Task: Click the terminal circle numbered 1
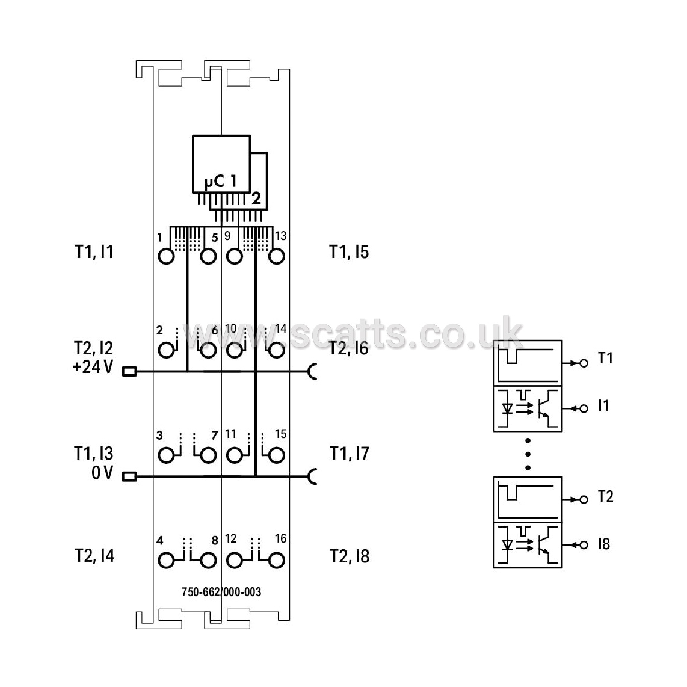(x=166, y=256)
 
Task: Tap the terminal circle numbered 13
(x=277, y=256)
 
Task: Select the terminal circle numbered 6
(x=208, y=351)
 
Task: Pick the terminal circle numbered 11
(x=235, y=455)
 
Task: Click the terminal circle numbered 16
(x=277, y=561)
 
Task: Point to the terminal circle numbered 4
(x=166, y=561)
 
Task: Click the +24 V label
(x=93, y=367)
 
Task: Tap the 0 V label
(x=102, y=473)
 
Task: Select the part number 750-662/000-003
(x=221, y=592)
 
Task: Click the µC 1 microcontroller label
(x=221, y=180)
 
